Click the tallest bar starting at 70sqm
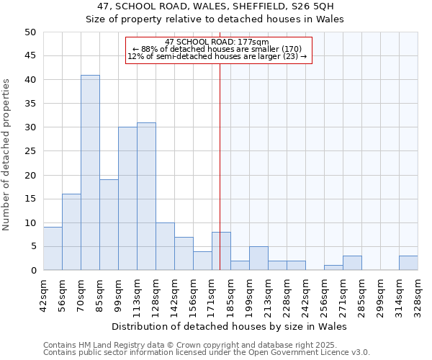[90, 173]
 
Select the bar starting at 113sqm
[146, 197]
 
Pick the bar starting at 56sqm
[71, 232]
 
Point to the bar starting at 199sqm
[258, 258]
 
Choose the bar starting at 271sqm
[352, 263]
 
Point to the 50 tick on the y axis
[30, 32]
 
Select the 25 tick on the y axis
[30, 151]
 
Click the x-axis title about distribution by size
[230, 326]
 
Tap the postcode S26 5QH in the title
[312, 6]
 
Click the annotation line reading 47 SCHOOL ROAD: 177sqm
[217, 42]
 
